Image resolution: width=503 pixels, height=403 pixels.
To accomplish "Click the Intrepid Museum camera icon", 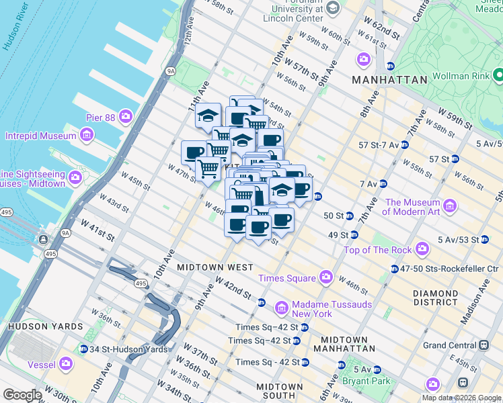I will tap(87, 136).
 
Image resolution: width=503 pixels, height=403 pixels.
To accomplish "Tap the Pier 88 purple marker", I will tap(126, 118).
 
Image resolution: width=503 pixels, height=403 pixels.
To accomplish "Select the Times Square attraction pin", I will tap(326, 277).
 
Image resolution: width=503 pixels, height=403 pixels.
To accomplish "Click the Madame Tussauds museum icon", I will tap(282, 308).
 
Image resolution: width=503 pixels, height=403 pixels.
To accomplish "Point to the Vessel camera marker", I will tap(65, 363).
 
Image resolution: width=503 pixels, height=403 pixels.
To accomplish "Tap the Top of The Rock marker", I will tap(422, 250).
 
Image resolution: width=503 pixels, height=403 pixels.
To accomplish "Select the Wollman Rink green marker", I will tap(498, 73).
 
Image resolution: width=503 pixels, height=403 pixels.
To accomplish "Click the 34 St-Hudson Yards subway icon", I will tap(83, 349).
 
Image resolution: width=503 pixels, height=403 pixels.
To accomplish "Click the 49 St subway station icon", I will tap(354, 235).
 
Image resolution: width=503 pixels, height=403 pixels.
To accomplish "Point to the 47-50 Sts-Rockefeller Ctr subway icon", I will tap(394, 269).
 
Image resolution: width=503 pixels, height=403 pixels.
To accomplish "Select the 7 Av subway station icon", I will tap(383, 183).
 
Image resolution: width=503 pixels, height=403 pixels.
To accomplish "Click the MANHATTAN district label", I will tap(391, 79).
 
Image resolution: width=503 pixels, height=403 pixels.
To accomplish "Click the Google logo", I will tap(22, 395).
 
